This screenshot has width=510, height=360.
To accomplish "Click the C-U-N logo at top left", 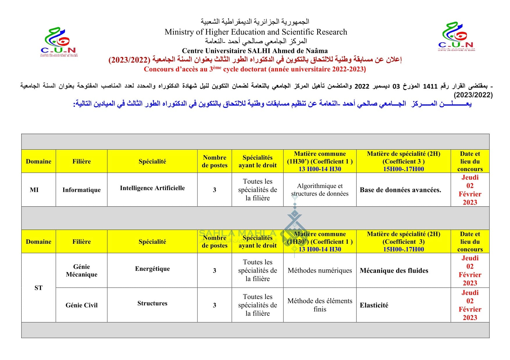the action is tap(59, 42).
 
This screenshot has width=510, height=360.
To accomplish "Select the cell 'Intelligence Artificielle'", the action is tap(152, 188).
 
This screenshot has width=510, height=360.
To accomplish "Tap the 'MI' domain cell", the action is tap(34, 190).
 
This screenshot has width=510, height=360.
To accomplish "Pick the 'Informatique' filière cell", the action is tap(81, 190).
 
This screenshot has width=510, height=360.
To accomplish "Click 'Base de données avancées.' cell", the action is tap(400, 190).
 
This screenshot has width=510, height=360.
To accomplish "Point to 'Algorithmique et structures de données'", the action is tap(320, 189).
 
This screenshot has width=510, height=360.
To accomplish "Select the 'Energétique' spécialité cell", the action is tap(152, 269).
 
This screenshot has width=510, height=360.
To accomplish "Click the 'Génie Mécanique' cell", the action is tap(81, 271).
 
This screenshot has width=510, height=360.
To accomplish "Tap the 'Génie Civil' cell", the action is tap(81, 305).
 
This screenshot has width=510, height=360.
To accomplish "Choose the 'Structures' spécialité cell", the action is tap(152, 303).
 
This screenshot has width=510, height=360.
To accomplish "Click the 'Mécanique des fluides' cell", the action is tap(394, 271).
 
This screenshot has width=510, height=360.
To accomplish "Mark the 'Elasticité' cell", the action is tap(374, 305).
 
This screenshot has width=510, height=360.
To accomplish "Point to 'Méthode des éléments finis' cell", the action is tap(320, 305).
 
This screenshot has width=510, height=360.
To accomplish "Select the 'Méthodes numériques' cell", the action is tap(320, 271).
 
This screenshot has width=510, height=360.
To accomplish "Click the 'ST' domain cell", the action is tap(38, 288).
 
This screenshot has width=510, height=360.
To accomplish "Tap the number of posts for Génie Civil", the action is tap(214, 305).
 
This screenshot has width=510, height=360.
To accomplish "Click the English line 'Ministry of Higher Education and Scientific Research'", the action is tap(256, 32).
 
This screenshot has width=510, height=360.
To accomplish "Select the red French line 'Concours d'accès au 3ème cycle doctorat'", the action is tap(255, 69).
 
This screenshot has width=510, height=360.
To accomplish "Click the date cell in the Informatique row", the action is tap(470, 190).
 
